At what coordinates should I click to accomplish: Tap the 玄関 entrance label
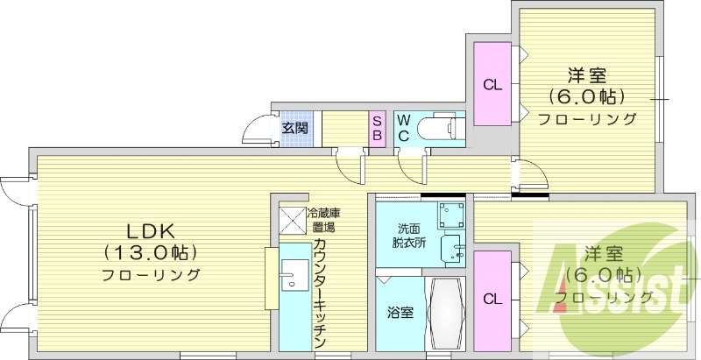[294, 129]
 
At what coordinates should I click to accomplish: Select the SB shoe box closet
[377, 129]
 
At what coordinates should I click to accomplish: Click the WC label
[403, 129]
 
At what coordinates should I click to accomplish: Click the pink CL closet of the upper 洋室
[492, 85]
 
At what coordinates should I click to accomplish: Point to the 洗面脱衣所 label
[410, 236]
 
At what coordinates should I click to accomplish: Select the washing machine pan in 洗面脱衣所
[451, 214]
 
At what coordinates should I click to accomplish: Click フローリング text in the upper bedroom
[587, 119]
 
